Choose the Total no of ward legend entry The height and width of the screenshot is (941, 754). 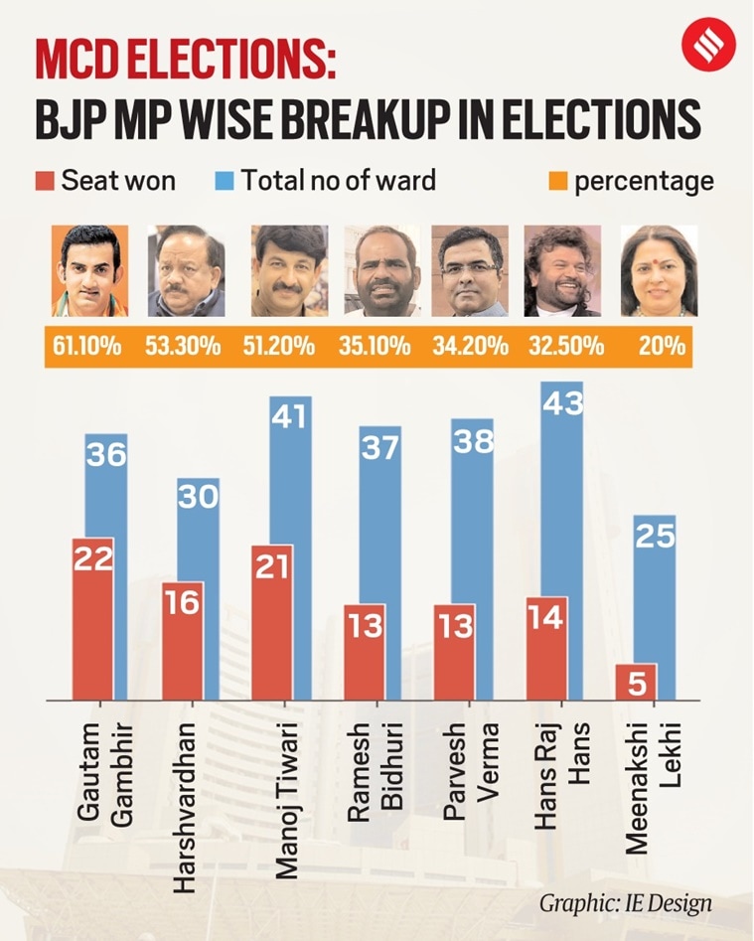(x=326, y=181)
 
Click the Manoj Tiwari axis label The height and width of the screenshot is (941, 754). (x=287, y=795)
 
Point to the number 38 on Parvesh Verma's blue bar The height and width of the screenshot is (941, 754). (x=472, y=439)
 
